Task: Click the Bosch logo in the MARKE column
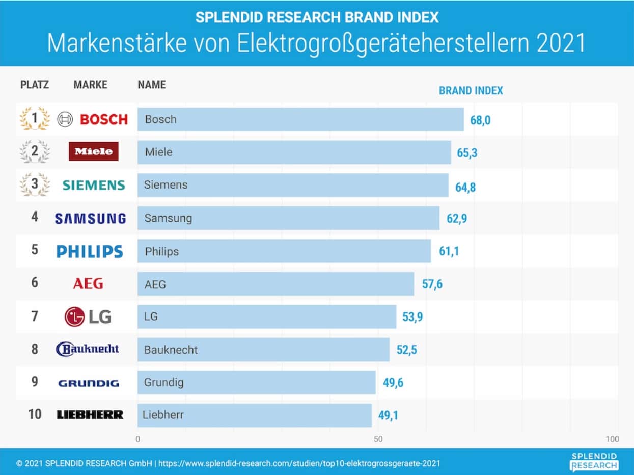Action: (92, 120)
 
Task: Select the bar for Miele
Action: (294, 152)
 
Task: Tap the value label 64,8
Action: (465, 187)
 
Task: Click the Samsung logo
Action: (90, 219)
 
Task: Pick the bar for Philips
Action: (284, 251)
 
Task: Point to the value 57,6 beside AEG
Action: (432, 284)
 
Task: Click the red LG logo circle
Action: (74, 316)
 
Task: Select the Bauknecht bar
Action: (263, 350)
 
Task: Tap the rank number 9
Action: (35, 381)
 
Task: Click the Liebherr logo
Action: (90, 415)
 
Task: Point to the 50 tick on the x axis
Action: (378, 439)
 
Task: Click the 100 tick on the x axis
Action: (613, 439)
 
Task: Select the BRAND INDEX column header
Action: (471, 91)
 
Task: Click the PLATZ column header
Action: (35, 85)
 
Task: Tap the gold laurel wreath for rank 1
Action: (35, 119)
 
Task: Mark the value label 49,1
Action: (388, 415)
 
